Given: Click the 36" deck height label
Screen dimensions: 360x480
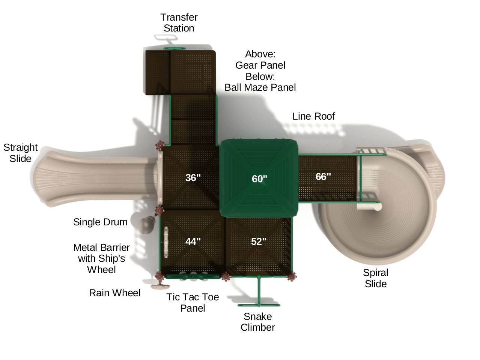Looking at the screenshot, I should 193,178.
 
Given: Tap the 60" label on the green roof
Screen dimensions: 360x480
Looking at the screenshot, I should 259,179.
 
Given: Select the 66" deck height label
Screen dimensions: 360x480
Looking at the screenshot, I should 323,177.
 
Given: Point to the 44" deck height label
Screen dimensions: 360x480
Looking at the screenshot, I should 193,241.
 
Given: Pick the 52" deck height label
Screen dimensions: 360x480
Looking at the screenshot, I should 259,241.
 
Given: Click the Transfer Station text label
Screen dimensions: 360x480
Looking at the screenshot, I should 179,23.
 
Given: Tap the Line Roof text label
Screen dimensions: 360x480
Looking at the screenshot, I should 313,116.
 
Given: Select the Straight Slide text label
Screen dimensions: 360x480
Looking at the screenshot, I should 21,153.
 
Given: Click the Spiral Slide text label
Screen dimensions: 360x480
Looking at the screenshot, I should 375,278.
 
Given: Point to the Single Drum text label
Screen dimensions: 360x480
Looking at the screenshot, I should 100,222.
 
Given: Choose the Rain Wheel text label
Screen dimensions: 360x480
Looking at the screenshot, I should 114,293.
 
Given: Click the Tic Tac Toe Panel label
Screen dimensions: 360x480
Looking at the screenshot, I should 193,303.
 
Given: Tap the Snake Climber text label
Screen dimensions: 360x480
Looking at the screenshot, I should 258,322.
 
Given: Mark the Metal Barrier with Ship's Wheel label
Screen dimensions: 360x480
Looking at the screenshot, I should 101,258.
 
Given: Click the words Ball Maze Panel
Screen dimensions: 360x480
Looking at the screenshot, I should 260,87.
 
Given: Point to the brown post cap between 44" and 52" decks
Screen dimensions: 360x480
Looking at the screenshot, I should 226,277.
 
